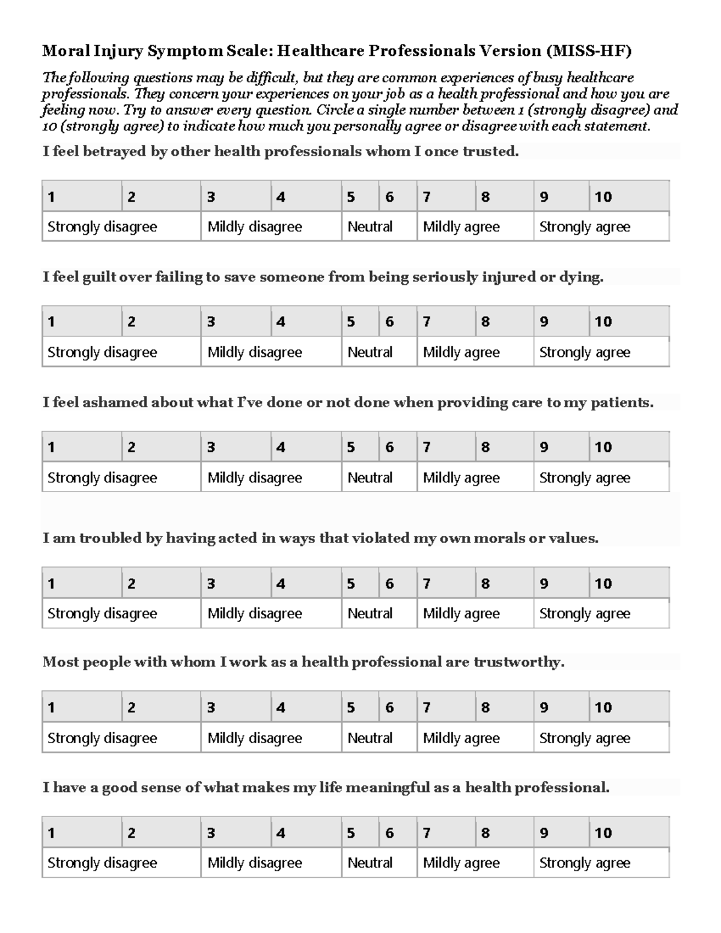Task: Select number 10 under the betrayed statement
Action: [603, 197]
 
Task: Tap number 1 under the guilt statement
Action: [52, 322]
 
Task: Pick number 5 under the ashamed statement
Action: [351, 448]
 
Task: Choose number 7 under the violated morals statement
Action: [427, 583]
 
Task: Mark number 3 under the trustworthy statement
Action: [211, 708]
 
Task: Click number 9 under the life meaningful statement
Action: [544, 833]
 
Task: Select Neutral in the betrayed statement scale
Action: [370, 227]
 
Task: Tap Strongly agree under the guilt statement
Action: [585, 352]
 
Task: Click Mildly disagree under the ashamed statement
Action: [255, 478]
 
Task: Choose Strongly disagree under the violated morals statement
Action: [102, 613]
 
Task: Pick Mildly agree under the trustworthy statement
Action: [461, 738]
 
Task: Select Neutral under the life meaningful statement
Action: [370, 863]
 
